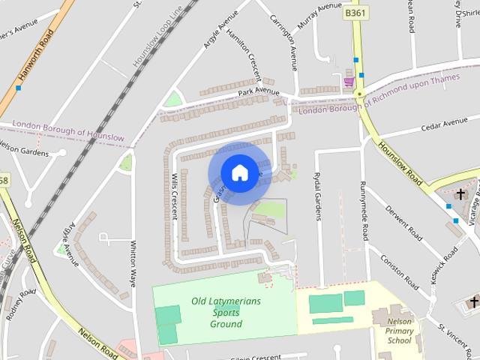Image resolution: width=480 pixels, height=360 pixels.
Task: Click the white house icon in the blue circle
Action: (239, 173)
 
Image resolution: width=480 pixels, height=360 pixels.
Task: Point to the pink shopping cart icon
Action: (348, 81)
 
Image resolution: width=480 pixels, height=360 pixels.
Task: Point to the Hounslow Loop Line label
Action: (157, 42)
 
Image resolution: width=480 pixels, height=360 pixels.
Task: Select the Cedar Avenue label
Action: (444, 123)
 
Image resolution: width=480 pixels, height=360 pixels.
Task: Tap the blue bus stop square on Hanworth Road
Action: (18, 88)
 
